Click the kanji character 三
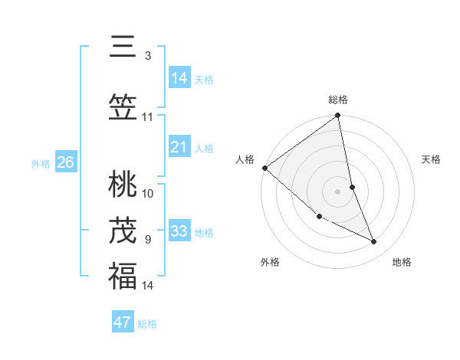(123, 47)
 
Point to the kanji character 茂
(123, 230)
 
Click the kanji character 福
(123, 276)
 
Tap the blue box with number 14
(179, 78)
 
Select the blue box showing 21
(179, 147)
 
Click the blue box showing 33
(179, 231)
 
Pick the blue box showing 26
(66, 162)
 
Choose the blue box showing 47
(123, 322)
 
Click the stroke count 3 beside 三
(147, 56)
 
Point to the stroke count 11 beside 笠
(148, 117)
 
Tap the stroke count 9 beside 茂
(147, 240)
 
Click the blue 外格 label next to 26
(41, 163)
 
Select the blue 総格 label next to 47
(147, 324)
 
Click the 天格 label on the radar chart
(431, 159)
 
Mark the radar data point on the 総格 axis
(338, 116)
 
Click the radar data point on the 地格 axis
(374, 241)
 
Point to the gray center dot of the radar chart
(338, 191)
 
